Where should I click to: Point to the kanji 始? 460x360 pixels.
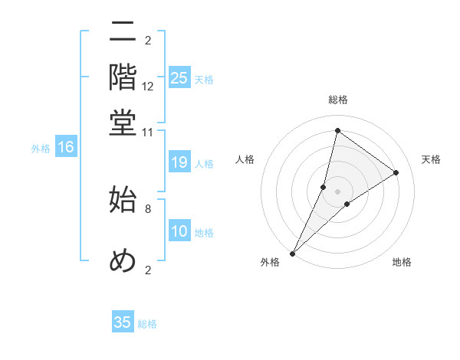click(x=123, y=199)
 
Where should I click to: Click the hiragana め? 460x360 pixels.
click(x=123, y=260)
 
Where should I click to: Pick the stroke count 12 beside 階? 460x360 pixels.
click(x=148, y=86)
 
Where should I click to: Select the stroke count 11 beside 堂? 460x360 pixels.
click(x=148, y=132)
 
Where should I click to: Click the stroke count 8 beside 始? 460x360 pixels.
click(x=148, y=208)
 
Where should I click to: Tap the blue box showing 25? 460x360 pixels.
click(x=179, y=78)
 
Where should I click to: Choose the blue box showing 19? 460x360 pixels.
click(x=179, y=162)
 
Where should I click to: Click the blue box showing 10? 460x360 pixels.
click(x=179, y=231)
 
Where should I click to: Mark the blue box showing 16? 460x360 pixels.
click(x=66, y=148)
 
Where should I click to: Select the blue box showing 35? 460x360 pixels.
click(x=123, y=322)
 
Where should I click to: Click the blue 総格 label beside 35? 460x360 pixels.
click(x=147, y=324)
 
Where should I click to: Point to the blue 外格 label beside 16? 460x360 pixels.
click(x=40, y=149)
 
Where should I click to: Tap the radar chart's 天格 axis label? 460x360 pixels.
click(x=431, y=159)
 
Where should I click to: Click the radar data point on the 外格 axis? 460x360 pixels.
click(x=292, y=253)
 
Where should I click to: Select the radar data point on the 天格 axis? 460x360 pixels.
click(x=396, y=173)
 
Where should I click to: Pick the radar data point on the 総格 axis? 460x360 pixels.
click(x=337, y=130)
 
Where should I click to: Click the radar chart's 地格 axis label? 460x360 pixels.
click(x=402, y=263)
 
